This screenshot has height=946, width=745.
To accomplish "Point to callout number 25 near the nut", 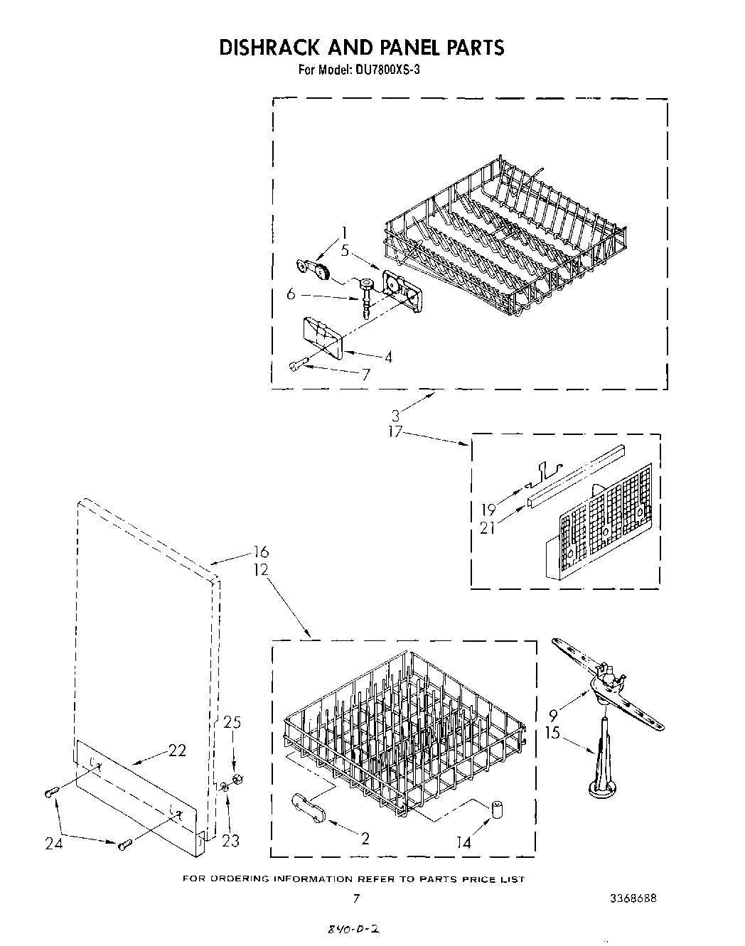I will [232, 723].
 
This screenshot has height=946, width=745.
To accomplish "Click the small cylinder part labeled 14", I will [495, 810].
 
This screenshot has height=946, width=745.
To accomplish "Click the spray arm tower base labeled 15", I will [601, 783].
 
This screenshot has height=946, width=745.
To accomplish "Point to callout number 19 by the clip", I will [488, 509].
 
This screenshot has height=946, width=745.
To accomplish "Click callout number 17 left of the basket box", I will [395, 431].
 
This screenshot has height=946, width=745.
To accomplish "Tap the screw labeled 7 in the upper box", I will [298, 365].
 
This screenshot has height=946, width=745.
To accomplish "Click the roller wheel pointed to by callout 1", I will [323, 272].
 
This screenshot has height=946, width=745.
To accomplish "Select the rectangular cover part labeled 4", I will [322, 335].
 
